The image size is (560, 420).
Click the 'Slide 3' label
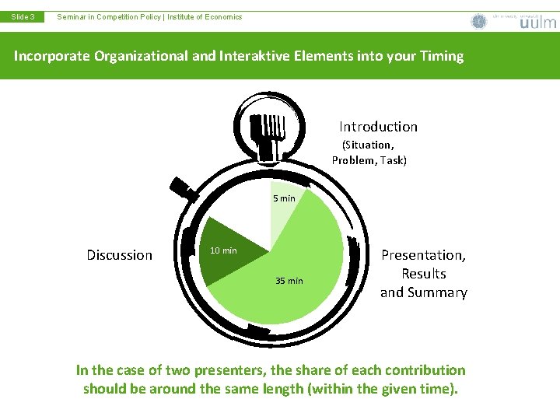pos(22,16)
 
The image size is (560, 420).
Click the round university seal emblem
pos(479,22)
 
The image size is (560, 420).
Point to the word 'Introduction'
pos(378,127)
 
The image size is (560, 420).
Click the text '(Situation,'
pos(368,145)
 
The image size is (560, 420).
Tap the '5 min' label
pos(284,198)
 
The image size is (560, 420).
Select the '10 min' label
pos(224,250)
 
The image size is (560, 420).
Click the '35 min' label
pos(289,281)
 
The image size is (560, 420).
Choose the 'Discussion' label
pos(120,255)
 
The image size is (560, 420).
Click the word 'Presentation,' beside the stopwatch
pos(423,255)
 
